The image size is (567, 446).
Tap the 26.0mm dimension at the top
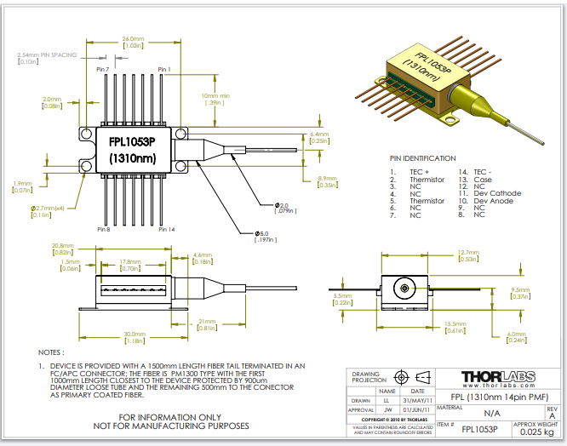(133, 39)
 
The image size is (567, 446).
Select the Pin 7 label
(103, 69)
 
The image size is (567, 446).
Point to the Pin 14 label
(166, 229)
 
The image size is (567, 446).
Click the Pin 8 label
(103, 229)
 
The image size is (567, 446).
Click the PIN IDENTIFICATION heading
(422, 158)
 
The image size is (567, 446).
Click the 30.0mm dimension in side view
(134, 333)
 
